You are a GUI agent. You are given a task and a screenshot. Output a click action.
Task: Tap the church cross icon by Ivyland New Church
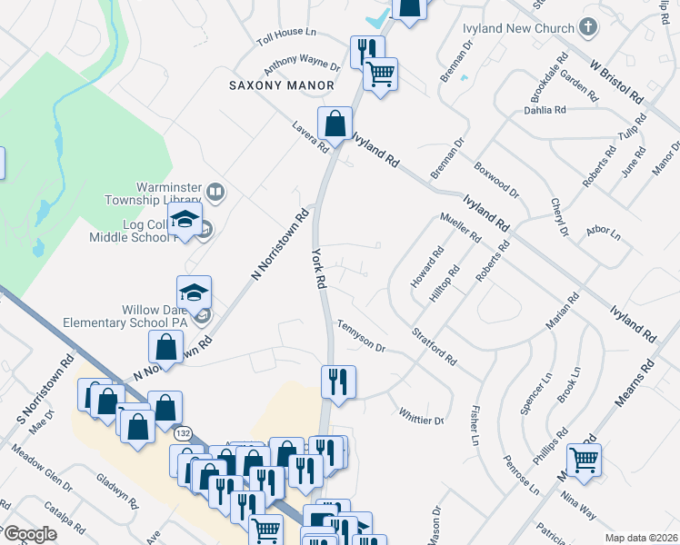pyautogui.click(x=588, y=27)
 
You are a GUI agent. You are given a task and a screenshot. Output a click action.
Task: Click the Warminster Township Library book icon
pyautogui.click(x=215, y=192)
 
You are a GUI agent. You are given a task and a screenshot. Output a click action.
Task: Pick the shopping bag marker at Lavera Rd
pyautogui.click(x=335, y=124)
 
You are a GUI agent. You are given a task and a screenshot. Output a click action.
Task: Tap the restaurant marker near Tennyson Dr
pyautogui.click(x=338, y=381)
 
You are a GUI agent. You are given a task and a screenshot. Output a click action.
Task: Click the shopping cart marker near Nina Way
pyautogui.click(x=584, y=460)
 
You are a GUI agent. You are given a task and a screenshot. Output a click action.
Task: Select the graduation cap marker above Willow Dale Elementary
pyautogui.click(x=194, y=292)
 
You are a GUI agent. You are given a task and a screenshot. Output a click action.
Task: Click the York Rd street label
pyautogui.click(x=319, y=268)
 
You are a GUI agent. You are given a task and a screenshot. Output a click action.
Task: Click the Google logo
pyautogui.click(x=29, y=534)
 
